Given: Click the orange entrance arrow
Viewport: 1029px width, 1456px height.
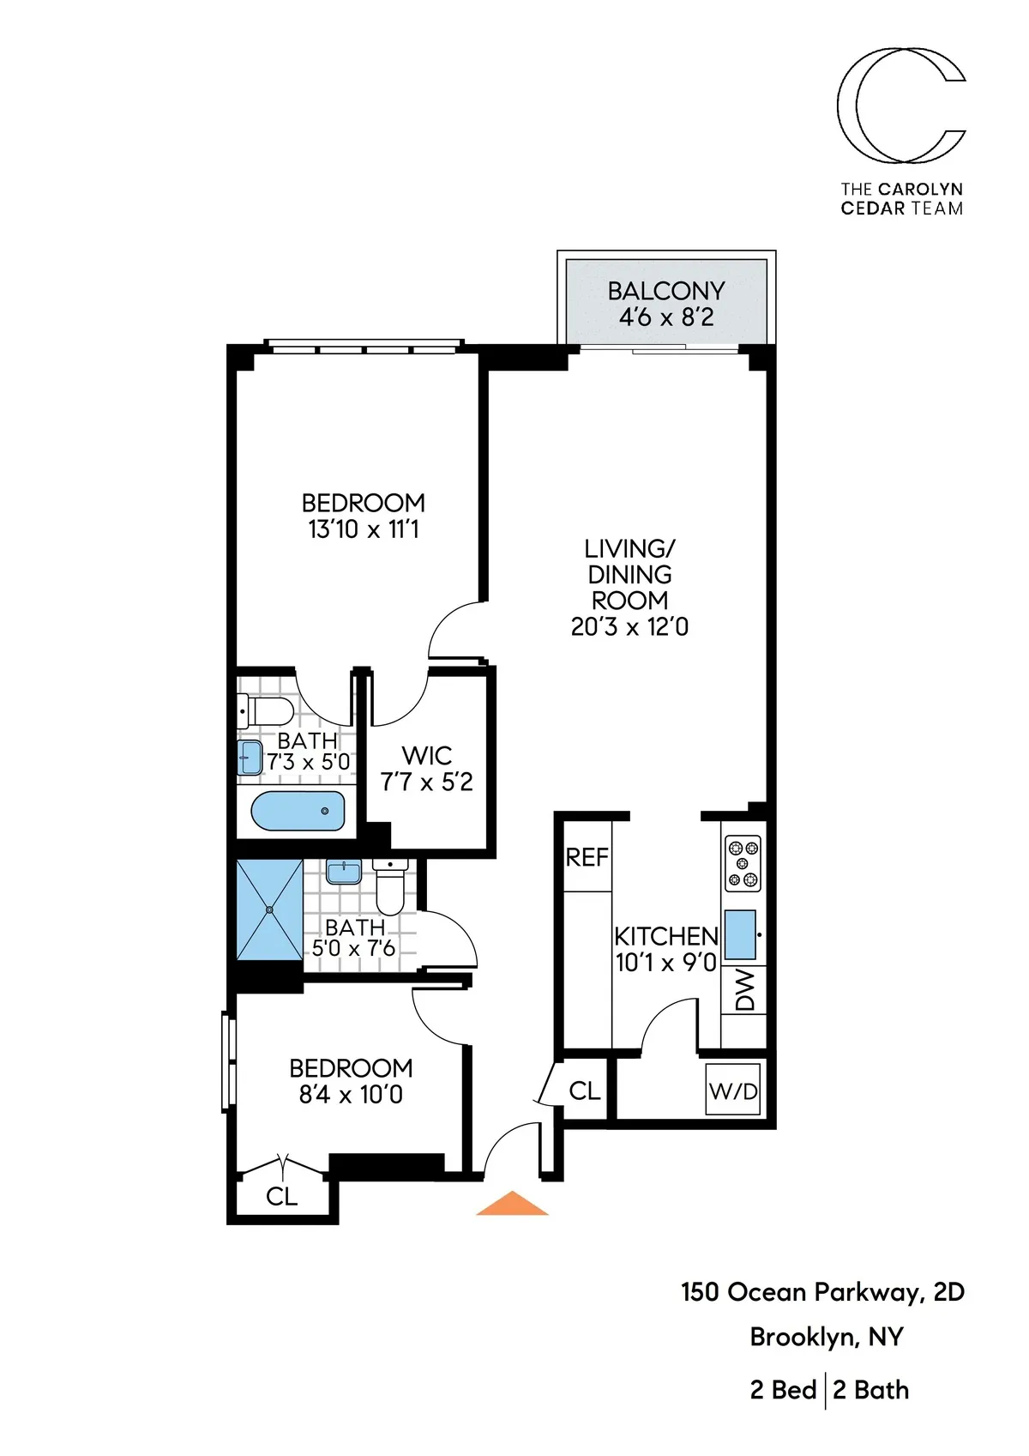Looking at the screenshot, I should pos(512,1205).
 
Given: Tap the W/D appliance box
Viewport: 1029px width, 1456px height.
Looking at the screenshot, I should pos(733,1090).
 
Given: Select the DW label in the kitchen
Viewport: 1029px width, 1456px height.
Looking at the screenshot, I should pos(744,990).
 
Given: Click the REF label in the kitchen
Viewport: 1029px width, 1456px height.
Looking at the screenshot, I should pos(587,857).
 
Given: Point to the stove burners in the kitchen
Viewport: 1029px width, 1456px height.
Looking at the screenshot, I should pos(743,863).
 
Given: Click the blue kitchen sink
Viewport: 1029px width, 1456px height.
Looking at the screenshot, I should pos(740,934).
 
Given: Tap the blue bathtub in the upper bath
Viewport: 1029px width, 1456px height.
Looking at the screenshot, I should pos(298,811).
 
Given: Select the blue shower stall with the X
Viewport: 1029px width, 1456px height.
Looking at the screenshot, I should pos(269,909).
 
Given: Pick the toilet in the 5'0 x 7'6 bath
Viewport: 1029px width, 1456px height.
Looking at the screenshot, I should pos(391,889).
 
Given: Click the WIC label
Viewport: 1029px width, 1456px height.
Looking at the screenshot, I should pos(427,756).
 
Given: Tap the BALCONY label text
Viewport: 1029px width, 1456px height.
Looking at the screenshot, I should pos(666,291).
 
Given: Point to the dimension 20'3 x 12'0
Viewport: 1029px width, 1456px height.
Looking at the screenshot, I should pos(629,627).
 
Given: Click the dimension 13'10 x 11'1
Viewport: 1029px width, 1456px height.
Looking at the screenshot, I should pos(364,529).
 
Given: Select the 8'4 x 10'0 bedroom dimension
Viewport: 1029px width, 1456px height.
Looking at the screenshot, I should pos(351,1095).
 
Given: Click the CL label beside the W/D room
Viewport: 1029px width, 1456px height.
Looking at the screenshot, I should pos(585,1090).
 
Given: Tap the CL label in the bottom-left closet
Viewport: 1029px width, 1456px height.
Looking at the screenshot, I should pos(281,1196).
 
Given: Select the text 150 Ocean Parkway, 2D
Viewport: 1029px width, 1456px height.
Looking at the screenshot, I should pos(822,1292).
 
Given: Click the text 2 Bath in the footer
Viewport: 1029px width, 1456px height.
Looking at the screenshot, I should pos(870,1390).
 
